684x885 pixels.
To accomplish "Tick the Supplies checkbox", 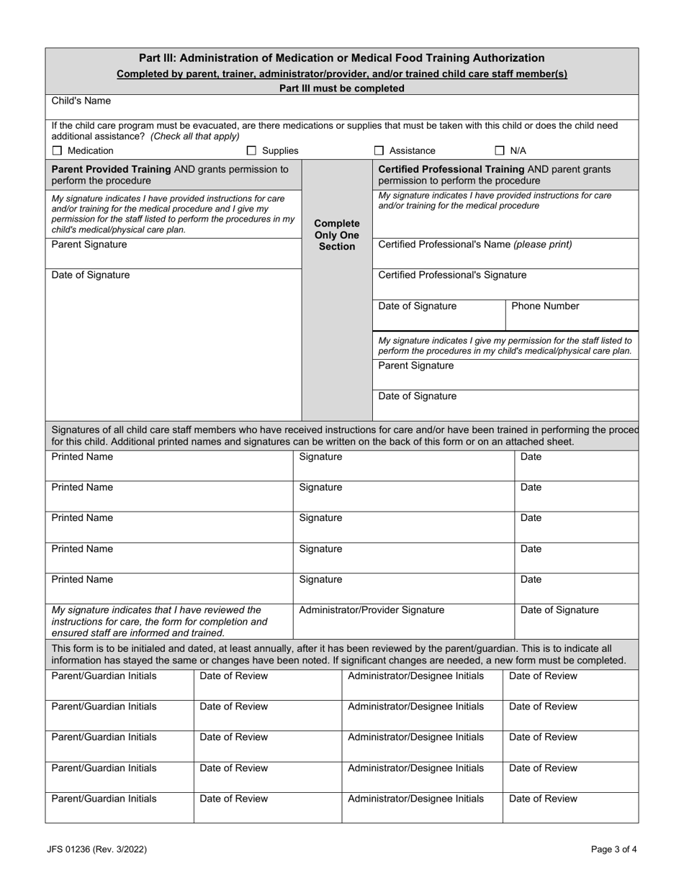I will click(251, 151).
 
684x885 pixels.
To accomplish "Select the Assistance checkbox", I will click(379, 151).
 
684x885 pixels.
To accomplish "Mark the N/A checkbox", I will click(500, 151).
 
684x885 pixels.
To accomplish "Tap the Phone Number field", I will click(571, 314).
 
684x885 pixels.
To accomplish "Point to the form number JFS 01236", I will click(98, 849).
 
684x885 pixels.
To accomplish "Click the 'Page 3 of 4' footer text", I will click(613, 849).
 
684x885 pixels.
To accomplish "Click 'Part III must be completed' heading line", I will click(341, 88).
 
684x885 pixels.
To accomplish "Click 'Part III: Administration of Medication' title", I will click(341, 58).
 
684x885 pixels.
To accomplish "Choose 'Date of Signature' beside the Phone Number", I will click(418, 307).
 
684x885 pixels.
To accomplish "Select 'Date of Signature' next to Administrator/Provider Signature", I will click(559, 610).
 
